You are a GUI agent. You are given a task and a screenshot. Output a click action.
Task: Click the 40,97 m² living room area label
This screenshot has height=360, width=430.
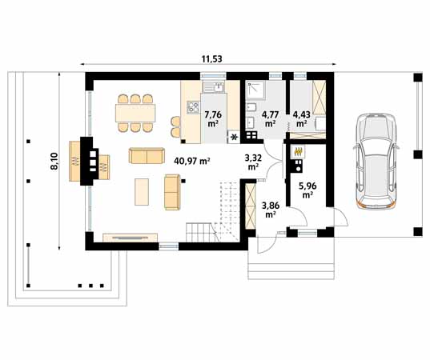coord(191,160)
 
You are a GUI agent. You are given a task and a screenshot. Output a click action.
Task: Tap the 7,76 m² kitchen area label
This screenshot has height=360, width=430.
coord(213,118)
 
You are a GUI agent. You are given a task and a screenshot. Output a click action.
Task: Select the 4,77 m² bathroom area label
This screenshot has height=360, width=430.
coord(269,118)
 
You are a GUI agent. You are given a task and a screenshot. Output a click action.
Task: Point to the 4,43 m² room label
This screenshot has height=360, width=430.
coord(302,118)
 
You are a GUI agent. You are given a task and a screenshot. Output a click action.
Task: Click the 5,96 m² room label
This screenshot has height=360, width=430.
coord(307,191)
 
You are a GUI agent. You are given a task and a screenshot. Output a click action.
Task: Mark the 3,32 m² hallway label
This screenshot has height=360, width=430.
coord(253,162)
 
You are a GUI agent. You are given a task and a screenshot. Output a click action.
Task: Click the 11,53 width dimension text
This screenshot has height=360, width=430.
coord(211,58)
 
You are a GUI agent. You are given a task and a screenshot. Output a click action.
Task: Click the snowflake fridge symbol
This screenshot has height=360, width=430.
coord(234,138)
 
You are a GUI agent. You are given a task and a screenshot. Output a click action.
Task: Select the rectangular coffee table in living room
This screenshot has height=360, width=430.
coord(144,192)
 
